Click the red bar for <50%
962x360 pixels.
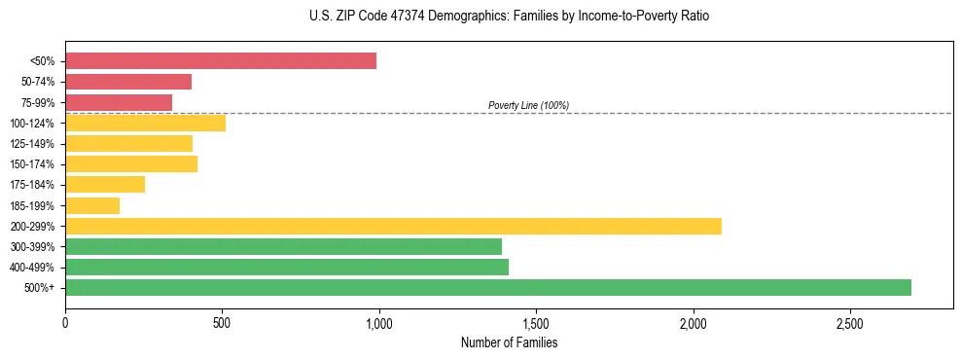tap(221, 61)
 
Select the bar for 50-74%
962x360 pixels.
tap(128, 82)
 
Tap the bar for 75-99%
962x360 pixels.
tap(119, 102)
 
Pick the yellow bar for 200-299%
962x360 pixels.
tap(393, 226)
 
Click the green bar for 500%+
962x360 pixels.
tap(488, 287)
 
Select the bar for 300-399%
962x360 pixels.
tap(283, 246)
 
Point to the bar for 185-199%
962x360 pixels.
tap(92, 205)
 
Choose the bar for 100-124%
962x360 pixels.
tap(145, 123)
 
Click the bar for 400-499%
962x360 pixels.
tap(287, 267)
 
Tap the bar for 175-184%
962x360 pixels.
tap(105, 185)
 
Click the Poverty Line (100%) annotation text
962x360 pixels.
tap(528, 105)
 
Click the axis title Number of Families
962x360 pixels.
tap(509, 342)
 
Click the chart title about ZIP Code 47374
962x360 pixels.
tap(509, 17)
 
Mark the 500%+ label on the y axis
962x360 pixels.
tap(41, 288)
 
